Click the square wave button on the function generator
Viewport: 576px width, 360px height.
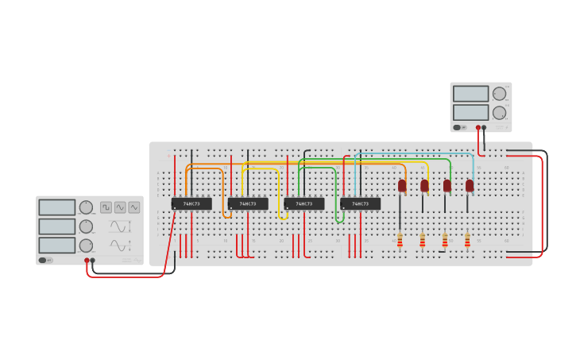106,207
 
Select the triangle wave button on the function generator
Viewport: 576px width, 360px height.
134,207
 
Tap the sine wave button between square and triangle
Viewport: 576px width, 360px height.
120,207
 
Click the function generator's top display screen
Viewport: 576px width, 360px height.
57,207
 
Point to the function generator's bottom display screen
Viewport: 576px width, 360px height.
57,245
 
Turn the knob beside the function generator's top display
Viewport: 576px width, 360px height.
86,207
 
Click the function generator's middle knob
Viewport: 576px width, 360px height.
86,226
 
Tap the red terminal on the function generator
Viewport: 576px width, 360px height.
87,260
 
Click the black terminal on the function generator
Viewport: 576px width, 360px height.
93,260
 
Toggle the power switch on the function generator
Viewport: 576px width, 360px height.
43,260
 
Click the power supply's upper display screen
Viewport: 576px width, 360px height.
470,94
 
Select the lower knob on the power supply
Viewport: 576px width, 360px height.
499,113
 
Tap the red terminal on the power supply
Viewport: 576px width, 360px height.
478,127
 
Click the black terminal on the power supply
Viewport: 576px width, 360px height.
484,127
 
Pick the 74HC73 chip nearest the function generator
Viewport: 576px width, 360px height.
191,204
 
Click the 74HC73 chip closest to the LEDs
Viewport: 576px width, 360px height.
361,204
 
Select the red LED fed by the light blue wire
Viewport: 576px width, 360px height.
470,186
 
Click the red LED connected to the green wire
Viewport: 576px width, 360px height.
447,186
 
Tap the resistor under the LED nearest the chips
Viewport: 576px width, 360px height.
400,240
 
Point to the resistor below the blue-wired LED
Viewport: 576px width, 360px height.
467,240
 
